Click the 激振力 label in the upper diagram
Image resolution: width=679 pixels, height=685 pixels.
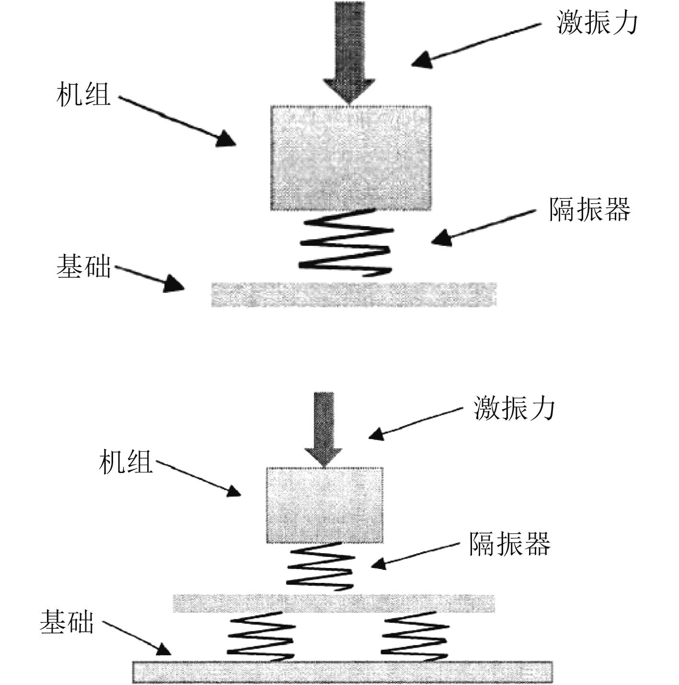[597, 23]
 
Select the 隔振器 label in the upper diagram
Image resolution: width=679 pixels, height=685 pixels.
[589, 209]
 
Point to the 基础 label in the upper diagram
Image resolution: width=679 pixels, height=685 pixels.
[83, 266]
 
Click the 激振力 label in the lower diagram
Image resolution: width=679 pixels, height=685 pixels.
[515, 409]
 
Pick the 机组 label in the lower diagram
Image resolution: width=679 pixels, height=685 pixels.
[126, 462]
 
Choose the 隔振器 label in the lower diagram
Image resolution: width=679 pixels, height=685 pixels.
[509, 544]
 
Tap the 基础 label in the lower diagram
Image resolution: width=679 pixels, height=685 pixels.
[67, 623]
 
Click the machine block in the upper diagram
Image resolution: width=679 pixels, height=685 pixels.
[350, 158]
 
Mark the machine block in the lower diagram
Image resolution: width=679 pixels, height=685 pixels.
[324, 505]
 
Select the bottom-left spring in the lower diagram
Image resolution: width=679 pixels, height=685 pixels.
[261, 637]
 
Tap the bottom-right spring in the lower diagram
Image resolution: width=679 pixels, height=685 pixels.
[414, 637]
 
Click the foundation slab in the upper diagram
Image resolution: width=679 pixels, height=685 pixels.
[354, 294]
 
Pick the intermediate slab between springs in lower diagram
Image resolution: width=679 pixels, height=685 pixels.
[333, 603]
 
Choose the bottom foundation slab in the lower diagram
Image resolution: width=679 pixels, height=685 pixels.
[342, 672]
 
